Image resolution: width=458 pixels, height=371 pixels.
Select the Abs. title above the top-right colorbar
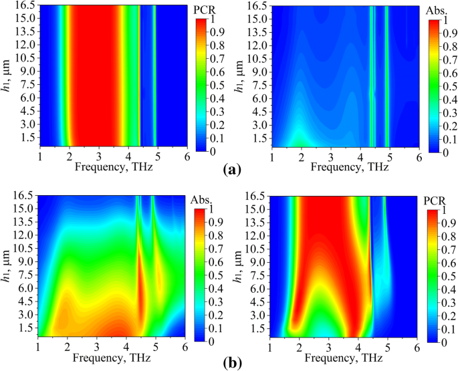[x=438, y=11]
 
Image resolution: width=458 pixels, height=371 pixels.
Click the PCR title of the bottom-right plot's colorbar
[x=437, y=201]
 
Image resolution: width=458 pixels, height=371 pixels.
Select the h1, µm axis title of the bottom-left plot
[x=8, y=267]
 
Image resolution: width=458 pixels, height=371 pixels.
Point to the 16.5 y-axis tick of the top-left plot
[x=26, y=5]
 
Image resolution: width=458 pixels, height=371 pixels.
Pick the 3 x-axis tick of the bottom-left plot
[x=98, y=349]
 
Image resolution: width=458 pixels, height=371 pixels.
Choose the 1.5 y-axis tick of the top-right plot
[x=259, y=138]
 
